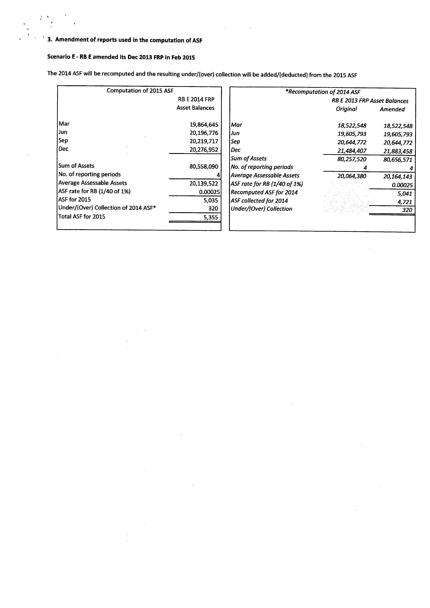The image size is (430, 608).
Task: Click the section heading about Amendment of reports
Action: point(124,40)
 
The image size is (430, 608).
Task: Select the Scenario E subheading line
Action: point(121,57)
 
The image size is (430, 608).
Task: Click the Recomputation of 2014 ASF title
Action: point(323,92)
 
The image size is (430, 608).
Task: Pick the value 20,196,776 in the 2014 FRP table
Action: point(204,133)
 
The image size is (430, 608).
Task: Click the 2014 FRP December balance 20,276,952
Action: point(204,150)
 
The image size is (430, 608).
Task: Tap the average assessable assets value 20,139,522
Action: point(204,183)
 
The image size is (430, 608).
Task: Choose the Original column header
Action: point(346,109)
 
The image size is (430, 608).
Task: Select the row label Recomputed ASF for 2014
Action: point(264,192)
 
